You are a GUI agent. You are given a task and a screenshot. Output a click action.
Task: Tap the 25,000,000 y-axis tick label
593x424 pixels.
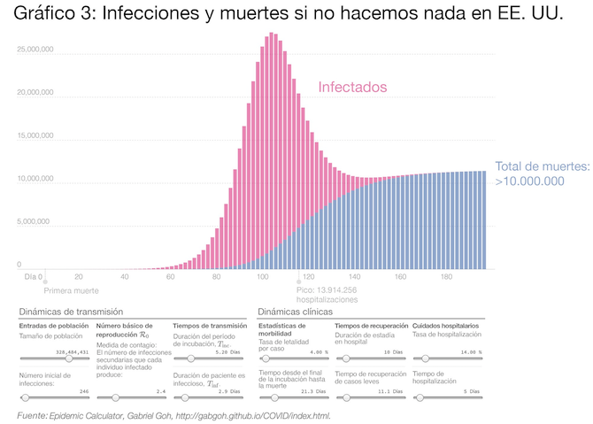(35, 50)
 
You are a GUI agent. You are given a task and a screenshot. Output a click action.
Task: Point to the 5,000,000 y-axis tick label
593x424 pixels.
(38, 223)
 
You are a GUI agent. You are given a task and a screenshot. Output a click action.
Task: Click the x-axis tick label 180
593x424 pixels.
(446, 277)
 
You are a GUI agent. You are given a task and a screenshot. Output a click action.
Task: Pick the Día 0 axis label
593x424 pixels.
(33, 277)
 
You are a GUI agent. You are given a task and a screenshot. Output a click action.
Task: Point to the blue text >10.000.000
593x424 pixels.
(529, 181)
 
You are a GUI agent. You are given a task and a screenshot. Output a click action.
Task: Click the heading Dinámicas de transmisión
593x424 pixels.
(71, 312)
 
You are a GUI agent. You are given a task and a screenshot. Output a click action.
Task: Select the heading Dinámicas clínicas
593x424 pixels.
(295, 312)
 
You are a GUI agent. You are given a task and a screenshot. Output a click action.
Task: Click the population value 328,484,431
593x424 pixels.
(73, 352)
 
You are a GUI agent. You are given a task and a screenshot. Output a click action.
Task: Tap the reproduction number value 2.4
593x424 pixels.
(160, 390)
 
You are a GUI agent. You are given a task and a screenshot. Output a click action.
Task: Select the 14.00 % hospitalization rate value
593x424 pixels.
(465, 352)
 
